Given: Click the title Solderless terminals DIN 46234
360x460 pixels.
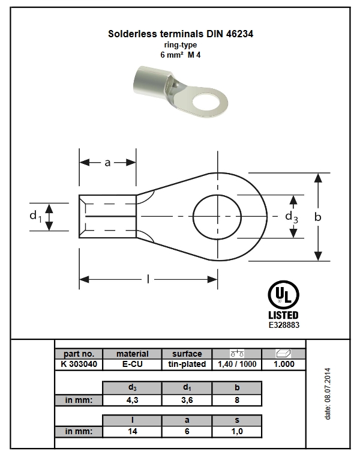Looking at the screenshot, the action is (x=181, y=34).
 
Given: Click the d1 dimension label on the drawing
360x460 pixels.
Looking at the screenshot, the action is (x=35, y=216).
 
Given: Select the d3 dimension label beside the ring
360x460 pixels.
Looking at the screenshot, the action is (x=292, y=217).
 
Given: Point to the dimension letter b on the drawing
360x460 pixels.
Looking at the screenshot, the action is (x=318, y=217).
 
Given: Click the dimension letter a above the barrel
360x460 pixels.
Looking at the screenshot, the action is (x=107, y=163).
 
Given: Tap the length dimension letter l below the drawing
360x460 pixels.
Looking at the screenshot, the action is (x=148, y=279).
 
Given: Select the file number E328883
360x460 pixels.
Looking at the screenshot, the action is (x=284, y=325).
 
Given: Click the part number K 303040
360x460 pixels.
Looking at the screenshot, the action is (x=79, y=364).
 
